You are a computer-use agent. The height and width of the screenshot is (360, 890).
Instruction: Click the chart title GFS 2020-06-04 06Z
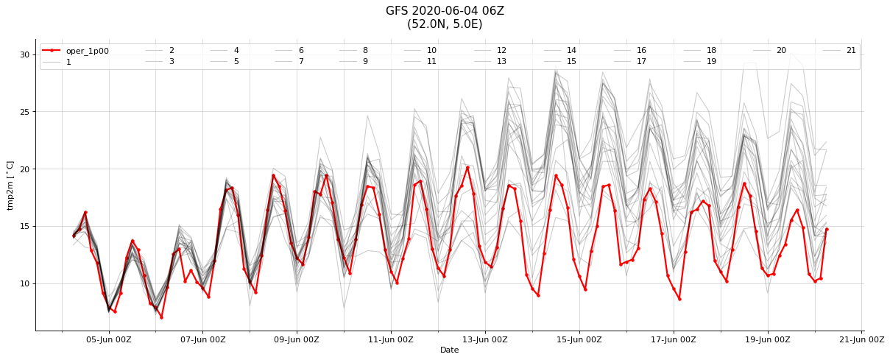[x=445, y=11]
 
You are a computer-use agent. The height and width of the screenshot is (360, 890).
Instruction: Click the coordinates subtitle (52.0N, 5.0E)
[x=445, y=24]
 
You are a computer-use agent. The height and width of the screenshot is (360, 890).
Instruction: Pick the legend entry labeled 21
[x=839, y=51]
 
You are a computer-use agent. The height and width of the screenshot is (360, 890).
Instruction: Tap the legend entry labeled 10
[x=420, y=51]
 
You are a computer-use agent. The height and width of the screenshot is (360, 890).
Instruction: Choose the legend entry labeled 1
[x=57, y=63]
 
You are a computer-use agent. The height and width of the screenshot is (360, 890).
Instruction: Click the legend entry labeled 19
[x=700, y=62]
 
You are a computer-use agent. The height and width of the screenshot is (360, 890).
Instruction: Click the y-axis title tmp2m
[x=10, y=186]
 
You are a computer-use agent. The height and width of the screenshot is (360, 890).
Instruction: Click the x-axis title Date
[x=449, y=350]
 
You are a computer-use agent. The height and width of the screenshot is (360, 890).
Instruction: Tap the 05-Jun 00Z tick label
[x=109, y=339]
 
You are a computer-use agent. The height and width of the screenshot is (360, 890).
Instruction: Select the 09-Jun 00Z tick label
[x=297, y=339]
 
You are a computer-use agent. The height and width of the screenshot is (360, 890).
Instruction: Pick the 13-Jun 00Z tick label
[x=485, y=339]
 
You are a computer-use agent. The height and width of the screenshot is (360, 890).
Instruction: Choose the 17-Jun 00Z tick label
[x=674, y=339]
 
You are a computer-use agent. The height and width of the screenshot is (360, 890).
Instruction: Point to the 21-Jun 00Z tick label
[x=862, y=339]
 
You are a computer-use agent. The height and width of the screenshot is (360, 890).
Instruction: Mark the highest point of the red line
[x=467, y=168]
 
